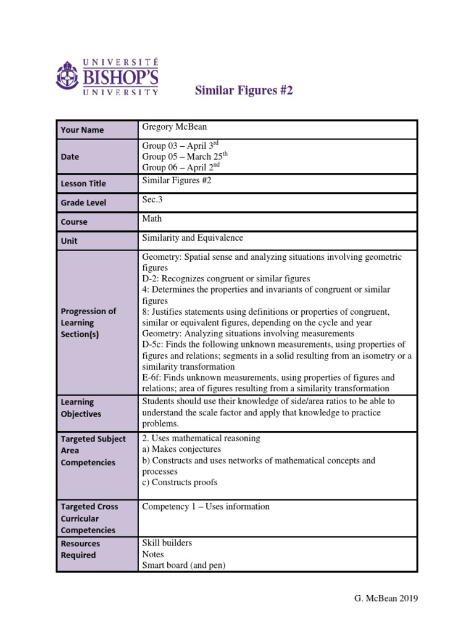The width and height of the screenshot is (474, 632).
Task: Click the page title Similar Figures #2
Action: tap(243, 91)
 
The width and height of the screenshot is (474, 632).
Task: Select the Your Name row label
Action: tap(82, 130)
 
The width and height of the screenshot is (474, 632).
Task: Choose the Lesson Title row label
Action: tap(83, 183)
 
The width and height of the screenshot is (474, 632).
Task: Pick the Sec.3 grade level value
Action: tap(153, 199)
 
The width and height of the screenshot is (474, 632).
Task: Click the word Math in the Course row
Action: tap(152, 218)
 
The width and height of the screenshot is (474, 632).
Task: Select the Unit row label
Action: tap(69, 241)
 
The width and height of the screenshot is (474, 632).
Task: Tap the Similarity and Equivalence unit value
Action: tap(193, 238)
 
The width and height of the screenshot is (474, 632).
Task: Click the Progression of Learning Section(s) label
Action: tap(88, 322)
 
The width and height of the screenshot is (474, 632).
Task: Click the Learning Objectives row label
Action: tap(81, 407)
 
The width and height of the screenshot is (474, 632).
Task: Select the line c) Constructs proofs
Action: tap(180, 482)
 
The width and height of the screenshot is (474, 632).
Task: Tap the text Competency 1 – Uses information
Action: tap(206, 507)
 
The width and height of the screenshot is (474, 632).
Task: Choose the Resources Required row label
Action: tap(80, 549)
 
